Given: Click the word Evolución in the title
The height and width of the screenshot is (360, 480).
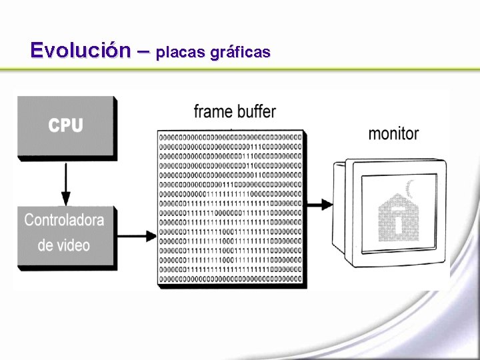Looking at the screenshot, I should (80, 51).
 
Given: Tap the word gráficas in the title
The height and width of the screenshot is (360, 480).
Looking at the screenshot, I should (240, 52).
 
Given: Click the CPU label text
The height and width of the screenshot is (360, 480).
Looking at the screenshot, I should (65, 125).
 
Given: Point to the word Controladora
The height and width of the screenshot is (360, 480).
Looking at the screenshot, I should (65, 219).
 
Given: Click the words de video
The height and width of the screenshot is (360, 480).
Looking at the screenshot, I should (64, 245).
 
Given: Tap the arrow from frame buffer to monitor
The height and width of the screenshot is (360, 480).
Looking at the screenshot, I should (320, 204).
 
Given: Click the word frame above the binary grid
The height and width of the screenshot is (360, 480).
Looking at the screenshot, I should (213, 111).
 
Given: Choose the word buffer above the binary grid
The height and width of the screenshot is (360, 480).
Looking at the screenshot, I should (255, 111).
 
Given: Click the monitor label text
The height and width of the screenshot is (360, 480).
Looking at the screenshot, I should (393, 133).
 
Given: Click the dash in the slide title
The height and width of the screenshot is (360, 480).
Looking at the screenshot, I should (143, 51).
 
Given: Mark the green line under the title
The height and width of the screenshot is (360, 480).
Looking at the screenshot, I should (240, 69).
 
